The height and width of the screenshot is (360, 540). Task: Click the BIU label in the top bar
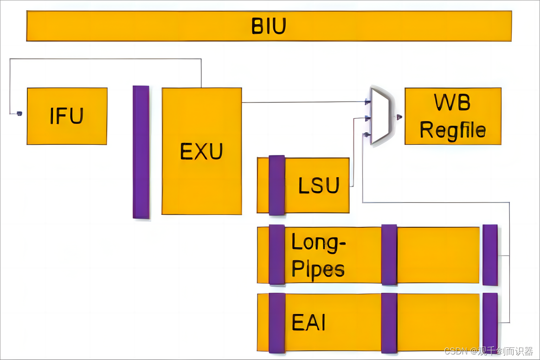tap(269, 26)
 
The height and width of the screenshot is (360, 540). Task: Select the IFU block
tap(67, 116)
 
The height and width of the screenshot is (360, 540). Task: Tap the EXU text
tap(201, 151)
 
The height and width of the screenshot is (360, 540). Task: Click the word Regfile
tap(453, 130)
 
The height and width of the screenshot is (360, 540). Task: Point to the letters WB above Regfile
tap(452, 103)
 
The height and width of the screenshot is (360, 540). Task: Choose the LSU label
tap(319, 186)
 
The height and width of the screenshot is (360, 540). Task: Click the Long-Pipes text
tap(318, 255)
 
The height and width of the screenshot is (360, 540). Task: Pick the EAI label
tap(309, 322)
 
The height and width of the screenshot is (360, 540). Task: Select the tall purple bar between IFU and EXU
tap(141, 152)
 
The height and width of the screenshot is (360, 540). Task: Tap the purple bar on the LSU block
tap(276, 185)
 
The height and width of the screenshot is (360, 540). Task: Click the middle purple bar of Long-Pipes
tap(389, 255)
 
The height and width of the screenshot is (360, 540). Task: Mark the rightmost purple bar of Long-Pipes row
tap(490, 255)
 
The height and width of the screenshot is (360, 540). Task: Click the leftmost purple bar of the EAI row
tap(276, 323)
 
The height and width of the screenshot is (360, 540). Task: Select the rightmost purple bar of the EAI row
tap(490, 321)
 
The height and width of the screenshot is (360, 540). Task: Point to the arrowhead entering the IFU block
tap(19, 113)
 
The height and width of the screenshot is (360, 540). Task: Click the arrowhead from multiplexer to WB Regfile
tap(399, 117)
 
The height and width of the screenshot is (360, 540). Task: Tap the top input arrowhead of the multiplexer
tap(367, 102)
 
